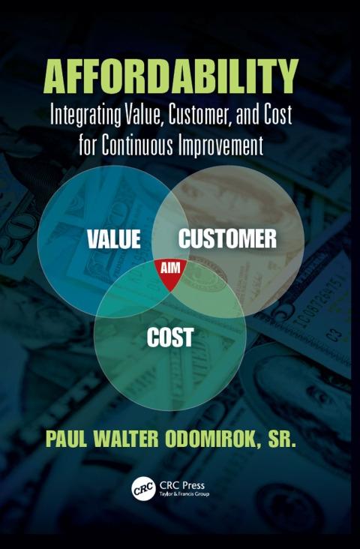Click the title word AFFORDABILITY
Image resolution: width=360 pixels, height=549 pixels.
click(x=171, y=76)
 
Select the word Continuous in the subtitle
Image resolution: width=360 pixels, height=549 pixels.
click(x=137, y=145)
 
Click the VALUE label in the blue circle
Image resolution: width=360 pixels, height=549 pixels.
click(x=114, y=239)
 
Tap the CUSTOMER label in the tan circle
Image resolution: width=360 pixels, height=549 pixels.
click(x=228, y=238)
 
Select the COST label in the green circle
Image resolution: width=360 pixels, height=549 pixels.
click(x=170, y=337)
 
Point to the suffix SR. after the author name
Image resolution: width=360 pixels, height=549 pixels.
click(x=282, y=440)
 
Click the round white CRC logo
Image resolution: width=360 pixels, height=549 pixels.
click(x=143, y=489)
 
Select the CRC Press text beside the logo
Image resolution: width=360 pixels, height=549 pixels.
click(x=181, y=485)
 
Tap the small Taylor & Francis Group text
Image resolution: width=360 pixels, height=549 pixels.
click(x=184, y=494)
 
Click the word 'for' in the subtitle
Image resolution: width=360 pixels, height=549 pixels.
click(x=88, y=145)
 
